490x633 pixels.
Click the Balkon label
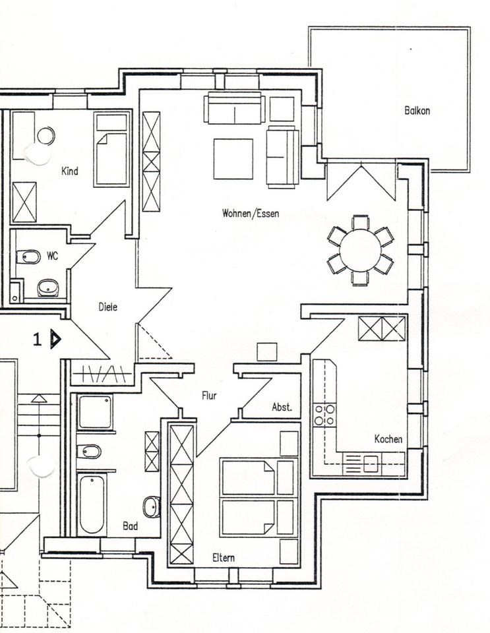pos(417,111)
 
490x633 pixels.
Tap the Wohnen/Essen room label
pos(250,213)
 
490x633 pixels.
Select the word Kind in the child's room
pos(69,171)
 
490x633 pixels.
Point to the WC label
pos(52,256)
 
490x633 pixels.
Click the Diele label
pos(107,307)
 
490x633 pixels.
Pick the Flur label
pos(209,396)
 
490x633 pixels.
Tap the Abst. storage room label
pos(282,407)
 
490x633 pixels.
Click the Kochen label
pos(388,438)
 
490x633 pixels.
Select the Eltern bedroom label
pos(224,558)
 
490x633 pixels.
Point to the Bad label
pos(131,526)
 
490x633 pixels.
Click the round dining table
pos(361,250)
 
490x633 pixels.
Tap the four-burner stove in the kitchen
pos(324,415)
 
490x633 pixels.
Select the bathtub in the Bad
pos(91,504)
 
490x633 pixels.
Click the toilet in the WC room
pos(29,256)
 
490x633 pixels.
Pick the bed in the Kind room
pos(111,150)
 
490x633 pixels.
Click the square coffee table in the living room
pos(233,159)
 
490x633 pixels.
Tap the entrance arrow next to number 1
pos(56,339)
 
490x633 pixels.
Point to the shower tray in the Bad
pos(94,412)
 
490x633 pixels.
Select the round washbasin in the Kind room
pos(46,136)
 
